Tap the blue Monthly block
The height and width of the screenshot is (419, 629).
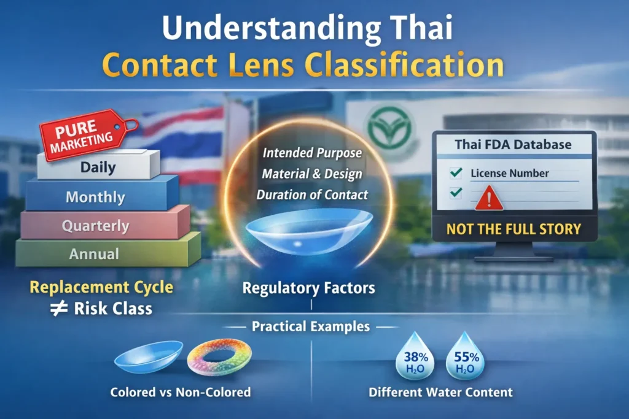pos(95,198)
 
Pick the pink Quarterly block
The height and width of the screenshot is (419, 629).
pos(95,226)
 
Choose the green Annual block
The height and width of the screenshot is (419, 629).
pos(95,253)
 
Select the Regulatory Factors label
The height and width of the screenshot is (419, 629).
pos(308,288)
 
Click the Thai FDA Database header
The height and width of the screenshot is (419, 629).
pos(513,145)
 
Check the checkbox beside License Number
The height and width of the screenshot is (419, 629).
pos(456,173)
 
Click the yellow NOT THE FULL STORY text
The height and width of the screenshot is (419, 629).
pos(513,229)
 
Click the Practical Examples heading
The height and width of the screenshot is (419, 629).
pos(311,326)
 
